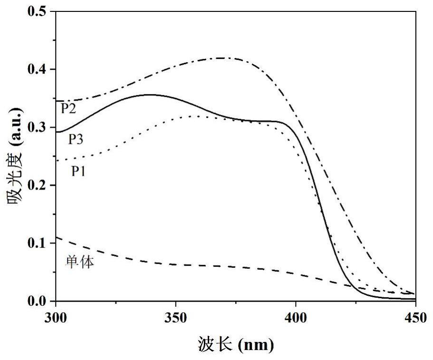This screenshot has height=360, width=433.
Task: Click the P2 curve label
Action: [x=68, y=109]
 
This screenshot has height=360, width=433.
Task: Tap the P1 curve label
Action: [x=79, y=171]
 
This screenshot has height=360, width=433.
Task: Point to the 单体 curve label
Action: [x=79, y=262]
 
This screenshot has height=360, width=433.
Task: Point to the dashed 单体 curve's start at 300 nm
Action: [x=57, y=237]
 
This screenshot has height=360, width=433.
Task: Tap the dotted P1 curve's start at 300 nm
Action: [x=57, y=161]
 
